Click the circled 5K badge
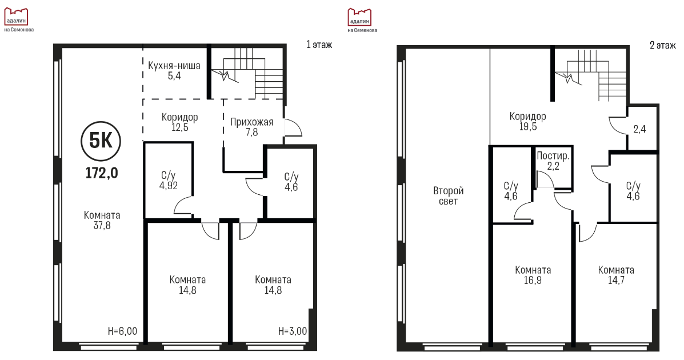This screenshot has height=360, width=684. (101, 141)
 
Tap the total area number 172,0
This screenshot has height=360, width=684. (102, 173)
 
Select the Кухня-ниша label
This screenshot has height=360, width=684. (174, 66)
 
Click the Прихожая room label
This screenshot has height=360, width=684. (251, 122)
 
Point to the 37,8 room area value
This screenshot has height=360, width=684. (102, 226)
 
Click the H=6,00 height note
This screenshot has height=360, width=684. (122, 331)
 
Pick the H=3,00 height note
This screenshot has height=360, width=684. (292, 331)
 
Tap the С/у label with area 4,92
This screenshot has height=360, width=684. (169, 175)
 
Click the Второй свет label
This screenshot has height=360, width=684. (449, 196)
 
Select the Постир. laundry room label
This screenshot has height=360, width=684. (553, 156)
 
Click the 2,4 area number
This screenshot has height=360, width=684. (639, 129)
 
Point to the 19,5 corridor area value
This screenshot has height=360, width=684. (528, 127)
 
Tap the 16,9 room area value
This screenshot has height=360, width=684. (533, 280)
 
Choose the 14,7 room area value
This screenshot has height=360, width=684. (616, 280)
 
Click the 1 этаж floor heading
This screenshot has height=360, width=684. (319, 45)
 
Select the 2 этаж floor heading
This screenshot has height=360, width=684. (663, 45)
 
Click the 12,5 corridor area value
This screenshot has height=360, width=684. (180, 128)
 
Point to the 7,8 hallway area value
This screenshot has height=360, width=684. (251, 132)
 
